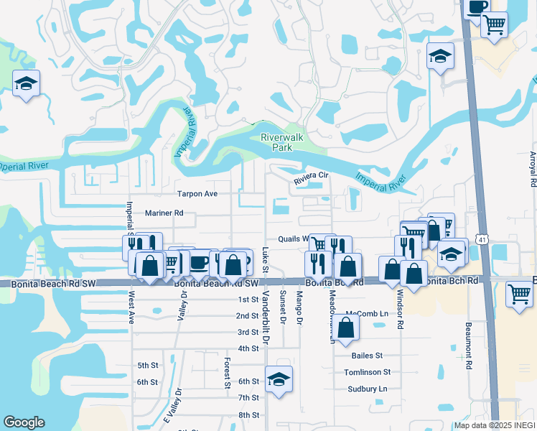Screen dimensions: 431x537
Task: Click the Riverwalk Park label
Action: [276, 142]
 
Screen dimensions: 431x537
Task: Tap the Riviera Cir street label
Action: [311, 175]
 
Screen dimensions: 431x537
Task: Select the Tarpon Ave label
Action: [197, 194]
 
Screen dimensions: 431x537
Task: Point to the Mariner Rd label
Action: [164, 213]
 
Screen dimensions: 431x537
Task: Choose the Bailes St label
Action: [368, 356]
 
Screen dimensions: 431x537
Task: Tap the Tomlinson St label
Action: [367, 372]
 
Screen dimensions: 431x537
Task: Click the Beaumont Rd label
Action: [467, 346]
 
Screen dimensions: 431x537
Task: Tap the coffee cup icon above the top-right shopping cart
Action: [476, 6]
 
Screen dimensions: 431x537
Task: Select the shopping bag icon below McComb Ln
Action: [346, 328]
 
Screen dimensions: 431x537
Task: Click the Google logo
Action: [24, 422]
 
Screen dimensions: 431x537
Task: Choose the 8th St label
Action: [248, 415]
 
